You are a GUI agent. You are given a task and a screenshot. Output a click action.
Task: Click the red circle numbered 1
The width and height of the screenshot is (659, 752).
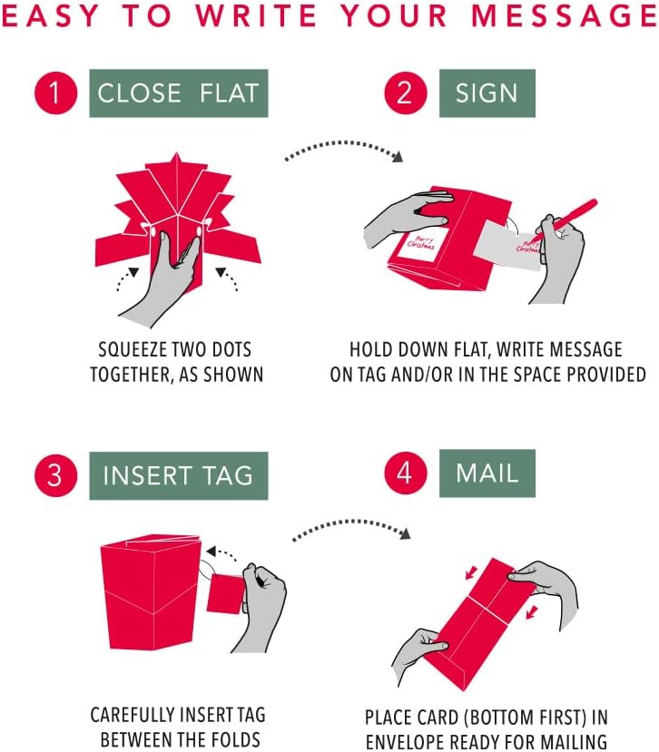55,93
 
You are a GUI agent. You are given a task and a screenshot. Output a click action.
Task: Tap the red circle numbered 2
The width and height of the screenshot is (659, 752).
406,93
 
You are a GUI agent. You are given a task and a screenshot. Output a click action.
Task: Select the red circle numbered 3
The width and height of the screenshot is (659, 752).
55,475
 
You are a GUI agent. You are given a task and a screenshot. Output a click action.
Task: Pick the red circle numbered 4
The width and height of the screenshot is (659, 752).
406,473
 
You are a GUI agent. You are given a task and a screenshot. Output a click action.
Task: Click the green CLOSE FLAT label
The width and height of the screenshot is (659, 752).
179,93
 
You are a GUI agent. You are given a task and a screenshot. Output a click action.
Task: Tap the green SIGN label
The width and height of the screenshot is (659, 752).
487,93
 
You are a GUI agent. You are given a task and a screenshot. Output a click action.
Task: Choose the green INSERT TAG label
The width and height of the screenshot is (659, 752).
179,475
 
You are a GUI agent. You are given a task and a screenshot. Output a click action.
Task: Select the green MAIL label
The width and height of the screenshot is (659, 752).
487,474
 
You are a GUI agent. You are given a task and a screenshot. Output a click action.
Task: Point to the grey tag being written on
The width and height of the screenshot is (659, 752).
507,245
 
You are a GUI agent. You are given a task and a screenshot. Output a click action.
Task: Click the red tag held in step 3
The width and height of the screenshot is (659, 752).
225,594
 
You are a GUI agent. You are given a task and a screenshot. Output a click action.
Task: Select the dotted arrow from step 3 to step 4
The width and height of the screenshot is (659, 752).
351,526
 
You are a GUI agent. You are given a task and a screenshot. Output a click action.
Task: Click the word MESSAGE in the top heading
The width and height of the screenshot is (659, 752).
565,15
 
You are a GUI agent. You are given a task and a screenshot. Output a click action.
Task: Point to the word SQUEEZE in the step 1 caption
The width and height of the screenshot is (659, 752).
127,349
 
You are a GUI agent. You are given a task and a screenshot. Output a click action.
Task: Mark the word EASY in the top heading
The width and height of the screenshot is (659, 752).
50,15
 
